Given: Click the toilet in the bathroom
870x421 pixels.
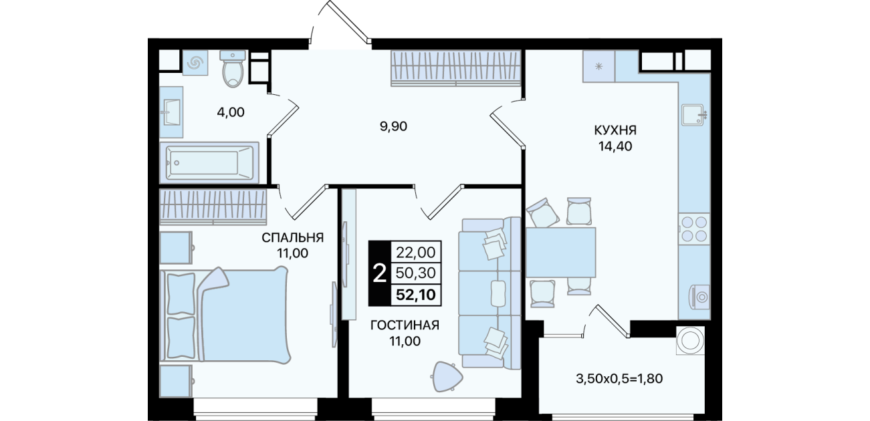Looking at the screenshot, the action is (x=233, y=68).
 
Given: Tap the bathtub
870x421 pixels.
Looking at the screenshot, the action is (x=209, y=162).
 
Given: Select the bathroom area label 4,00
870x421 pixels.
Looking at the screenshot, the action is (x=231, y=112).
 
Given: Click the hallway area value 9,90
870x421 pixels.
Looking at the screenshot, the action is (x=393, y=126).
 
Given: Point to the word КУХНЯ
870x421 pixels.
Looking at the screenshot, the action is (x=615, y=130).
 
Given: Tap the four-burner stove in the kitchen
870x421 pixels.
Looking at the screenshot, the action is (x=694, y=229).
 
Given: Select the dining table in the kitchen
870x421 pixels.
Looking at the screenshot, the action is (x=560, y=253).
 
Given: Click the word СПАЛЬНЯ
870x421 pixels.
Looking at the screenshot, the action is (x=292, y=237).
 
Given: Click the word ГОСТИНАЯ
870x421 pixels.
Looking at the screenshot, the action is (x=405, y=325).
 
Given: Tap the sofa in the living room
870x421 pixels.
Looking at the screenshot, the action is (x=490, y=293).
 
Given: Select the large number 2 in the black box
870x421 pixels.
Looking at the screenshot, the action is (x=379, y=273).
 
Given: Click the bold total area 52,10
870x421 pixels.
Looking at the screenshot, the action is (x=415, y=295).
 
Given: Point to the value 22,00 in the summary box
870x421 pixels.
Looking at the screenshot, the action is (x=415, y=253).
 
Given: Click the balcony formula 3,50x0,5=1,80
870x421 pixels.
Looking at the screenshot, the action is (x=619, y=379).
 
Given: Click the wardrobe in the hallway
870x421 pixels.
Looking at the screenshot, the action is (x=455, y=68).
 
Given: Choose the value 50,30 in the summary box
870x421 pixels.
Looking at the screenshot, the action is (x=415, y=273).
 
